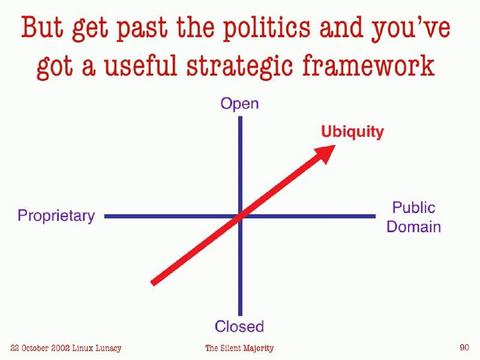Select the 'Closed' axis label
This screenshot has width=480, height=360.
click(240, 326)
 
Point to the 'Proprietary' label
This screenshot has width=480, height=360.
click(56, 215)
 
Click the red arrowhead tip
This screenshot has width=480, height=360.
click(334, 146)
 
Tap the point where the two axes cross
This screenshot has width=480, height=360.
click(240, 215)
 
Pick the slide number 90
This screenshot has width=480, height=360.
click(464, 347)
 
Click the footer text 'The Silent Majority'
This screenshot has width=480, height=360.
click(241, 348)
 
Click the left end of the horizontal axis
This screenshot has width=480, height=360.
click(107, 215)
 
